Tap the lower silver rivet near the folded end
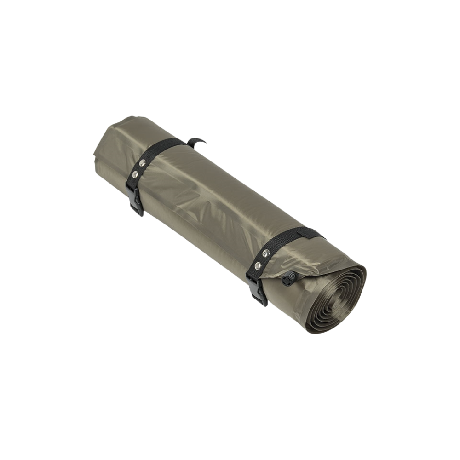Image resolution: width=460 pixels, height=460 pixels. (135, 174)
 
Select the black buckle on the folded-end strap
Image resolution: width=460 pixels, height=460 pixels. (135, 198)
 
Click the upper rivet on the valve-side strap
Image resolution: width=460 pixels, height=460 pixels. (266, 253)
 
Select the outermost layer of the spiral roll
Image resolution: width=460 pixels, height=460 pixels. (359, 281)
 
